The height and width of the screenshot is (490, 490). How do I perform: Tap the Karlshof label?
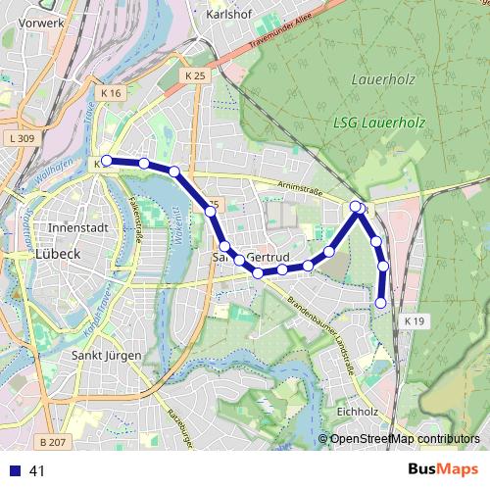(x=232, y=17)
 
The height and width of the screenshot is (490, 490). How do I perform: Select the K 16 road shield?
(x=110, y=93)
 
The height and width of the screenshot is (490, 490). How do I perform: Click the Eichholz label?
(x=357, y=412)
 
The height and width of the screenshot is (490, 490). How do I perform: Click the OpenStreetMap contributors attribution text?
(x=405, y=439)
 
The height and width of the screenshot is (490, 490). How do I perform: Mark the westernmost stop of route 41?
(x=107, y=161)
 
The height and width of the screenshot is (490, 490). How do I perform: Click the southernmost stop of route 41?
(x=380, y=304)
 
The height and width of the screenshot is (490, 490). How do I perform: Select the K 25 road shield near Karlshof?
(x=195, y=74)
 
